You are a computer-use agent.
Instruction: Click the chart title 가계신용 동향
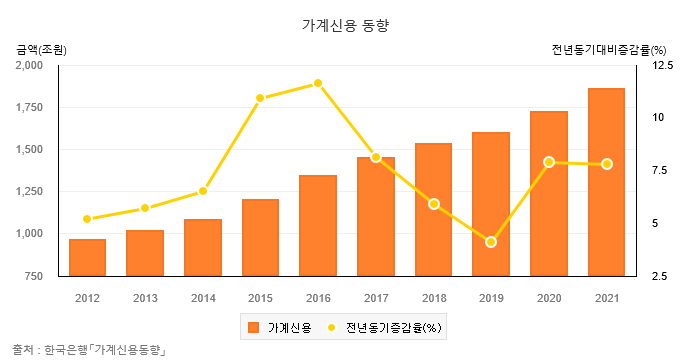click(344, 26)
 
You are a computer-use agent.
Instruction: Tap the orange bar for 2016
click(318, 225)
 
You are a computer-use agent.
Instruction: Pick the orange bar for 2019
click(491, 204)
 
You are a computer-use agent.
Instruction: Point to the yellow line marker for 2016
click(318, 83)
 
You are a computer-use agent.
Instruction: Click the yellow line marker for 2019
click(491, 242)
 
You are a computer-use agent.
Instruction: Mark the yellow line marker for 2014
click(203, 191)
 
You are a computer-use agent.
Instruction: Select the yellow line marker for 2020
click(549, 162)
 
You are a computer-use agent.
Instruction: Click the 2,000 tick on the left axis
click(29, 66)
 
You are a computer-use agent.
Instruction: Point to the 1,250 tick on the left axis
click(29, 192)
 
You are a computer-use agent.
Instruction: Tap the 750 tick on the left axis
click(34, 276)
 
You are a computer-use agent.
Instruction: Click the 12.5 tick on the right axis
click(663, 66)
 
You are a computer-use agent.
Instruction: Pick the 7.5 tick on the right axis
click(660, 171)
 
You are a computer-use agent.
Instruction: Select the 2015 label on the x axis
click(260, 298)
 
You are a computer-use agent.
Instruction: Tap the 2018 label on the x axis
click(433, 298)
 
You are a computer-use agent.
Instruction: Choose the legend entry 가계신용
click(280, 327)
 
